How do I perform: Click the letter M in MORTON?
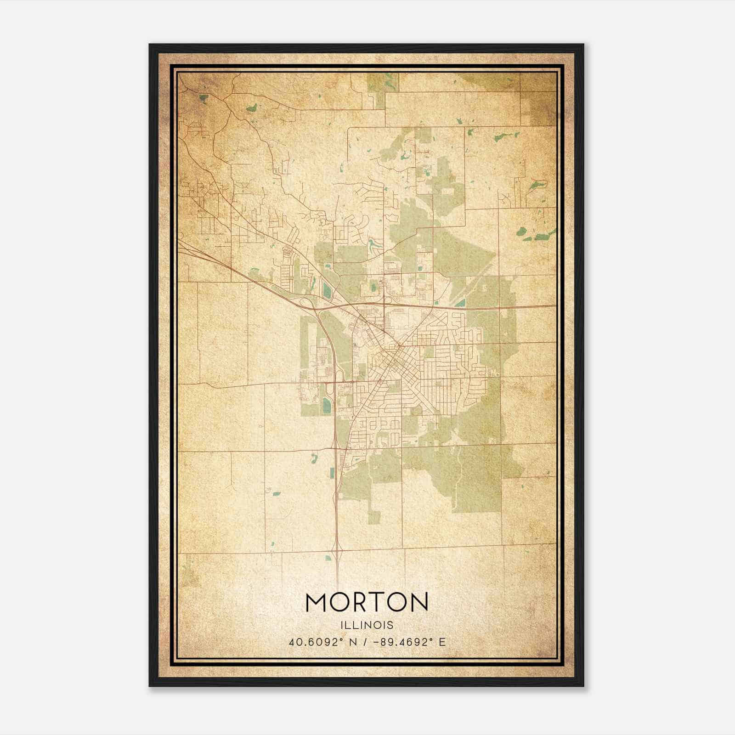pyautogui.click(x=317, y=602)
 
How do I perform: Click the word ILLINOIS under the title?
pyautogui.click(x=367, y=625)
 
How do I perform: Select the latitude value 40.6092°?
pyautogui.click(x=317, y=642)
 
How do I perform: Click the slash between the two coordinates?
pyautogui.click(x=364, y=642)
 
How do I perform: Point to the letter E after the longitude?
pyautogui.click(x=442, y=642)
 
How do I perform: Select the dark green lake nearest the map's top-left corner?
pyautogui.click(x=203, y=97)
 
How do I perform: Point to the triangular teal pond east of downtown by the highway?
pyautogui.click(x=461, y=303)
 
